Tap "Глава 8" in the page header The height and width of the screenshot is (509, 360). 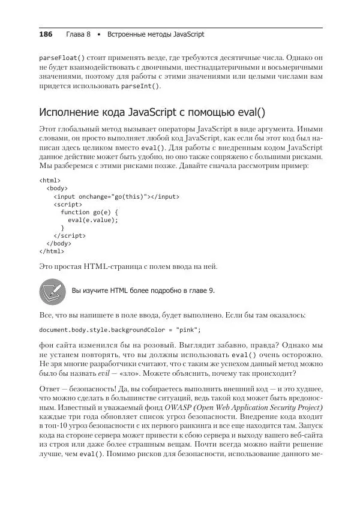point(78,35)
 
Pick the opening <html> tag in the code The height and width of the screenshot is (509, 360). point(50,179)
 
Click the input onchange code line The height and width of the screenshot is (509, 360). point(116,196)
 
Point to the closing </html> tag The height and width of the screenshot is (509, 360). point(52,252)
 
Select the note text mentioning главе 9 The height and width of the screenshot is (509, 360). point(143,291)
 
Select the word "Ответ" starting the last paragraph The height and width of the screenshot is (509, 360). point(49,390)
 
